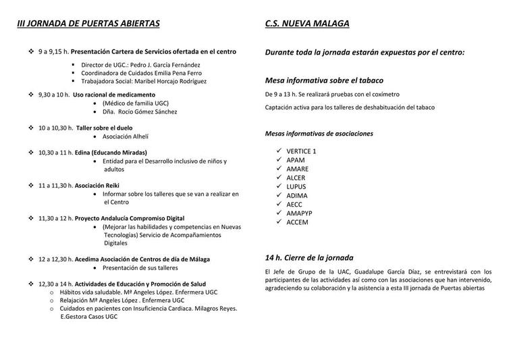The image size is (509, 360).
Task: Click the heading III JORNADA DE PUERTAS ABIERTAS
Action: point(88,24)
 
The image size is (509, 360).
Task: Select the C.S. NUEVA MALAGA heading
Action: point(307,24)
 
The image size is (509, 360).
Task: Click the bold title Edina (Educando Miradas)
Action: point(111,153)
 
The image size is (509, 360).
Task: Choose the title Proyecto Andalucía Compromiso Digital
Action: point(130,218)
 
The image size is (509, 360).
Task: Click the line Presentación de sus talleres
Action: point(140,267)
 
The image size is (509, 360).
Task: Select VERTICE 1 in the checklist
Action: point(301,151)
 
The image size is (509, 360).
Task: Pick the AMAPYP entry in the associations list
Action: point(300,212)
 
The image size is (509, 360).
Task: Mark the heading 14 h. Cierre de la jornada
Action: point(309,257)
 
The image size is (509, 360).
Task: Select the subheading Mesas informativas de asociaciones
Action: point(319,133)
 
